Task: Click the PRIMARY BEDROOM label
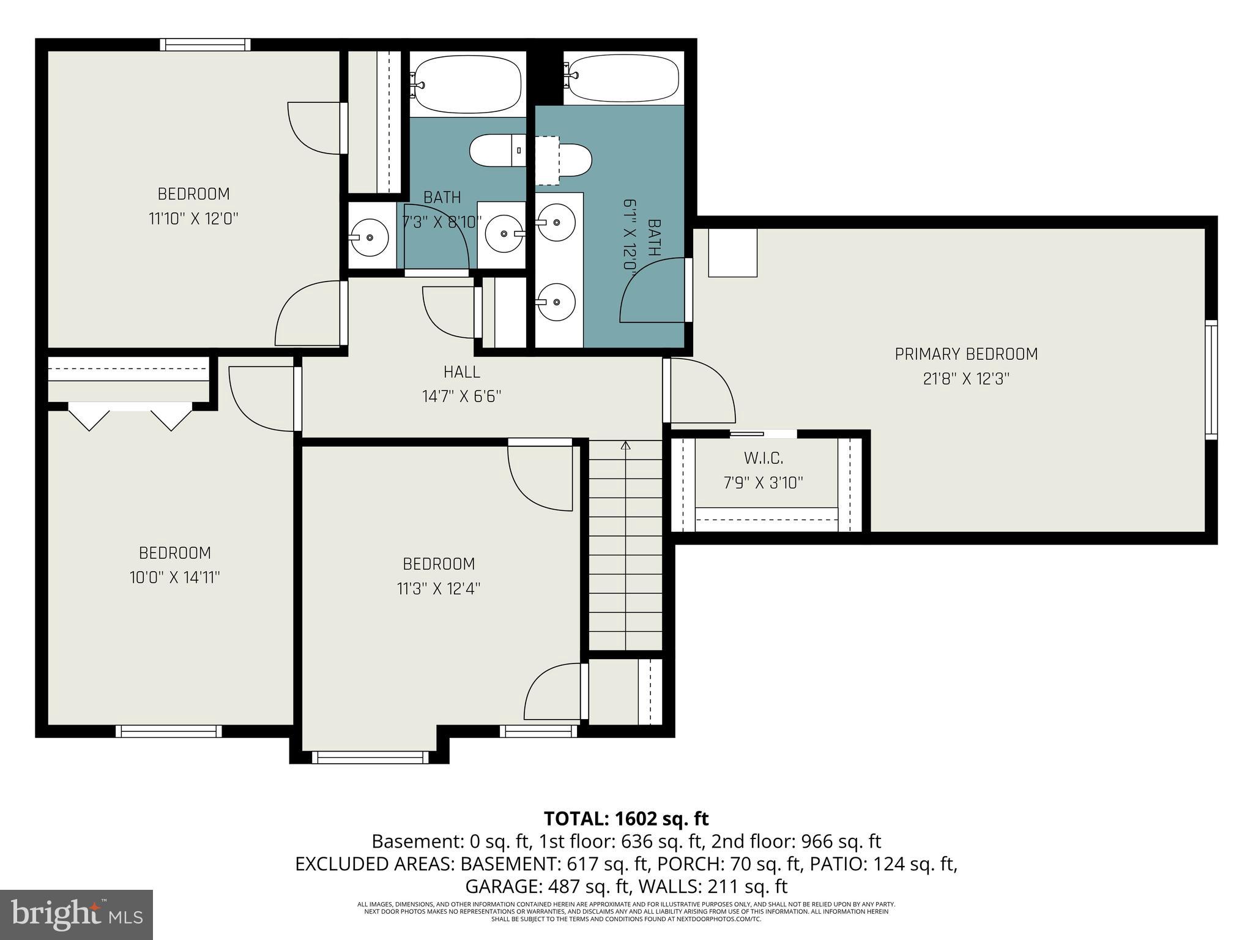coord(966,354)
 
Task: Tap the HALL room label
coord(461,371)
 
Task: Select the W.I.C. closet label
coord(763,458)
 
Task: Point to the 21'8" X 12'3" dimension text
coord(966,379)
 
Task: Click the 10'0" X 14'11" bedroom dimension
coord(174,577)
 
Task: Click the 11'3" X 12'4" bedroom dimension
coord(438,589)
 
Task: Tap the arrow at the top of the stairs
coord(625,446)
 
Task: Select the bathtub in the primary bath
coord(622,78)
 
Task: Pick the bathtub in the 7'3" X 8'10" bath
coord(467,83)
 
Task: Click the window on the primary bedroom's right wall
coord(1211,379)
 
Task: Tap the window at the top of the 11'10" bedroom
coord(206,45)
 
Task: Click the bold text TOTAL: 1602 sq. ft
coord(626,818)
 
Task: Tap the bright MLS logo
coord(76,915)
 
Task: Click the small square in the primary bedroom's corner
coord(732,252)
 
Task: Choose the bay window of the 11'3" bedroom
coord(369,757)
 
